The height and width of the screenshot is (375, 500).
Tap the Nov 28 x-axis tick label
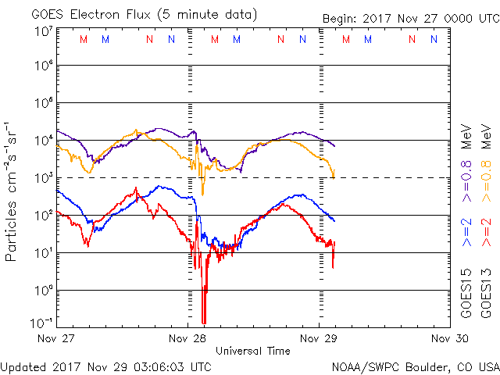pos(188,339)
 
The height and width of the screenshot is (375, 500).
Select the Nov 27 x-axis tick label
pos(57,339)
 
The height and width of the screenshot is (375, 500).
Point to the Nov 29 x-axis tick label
pos(319,339)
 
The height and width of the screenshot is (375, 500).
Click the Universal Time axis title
pos(253,351)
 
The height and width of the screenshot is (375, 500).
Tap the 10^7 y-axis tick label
pos(43,31)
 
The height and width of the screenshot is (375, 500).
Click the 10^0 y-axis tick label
pos(43,291)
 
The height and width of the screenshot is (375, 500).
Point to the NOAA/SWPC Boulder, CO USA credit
pos(415,366)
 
